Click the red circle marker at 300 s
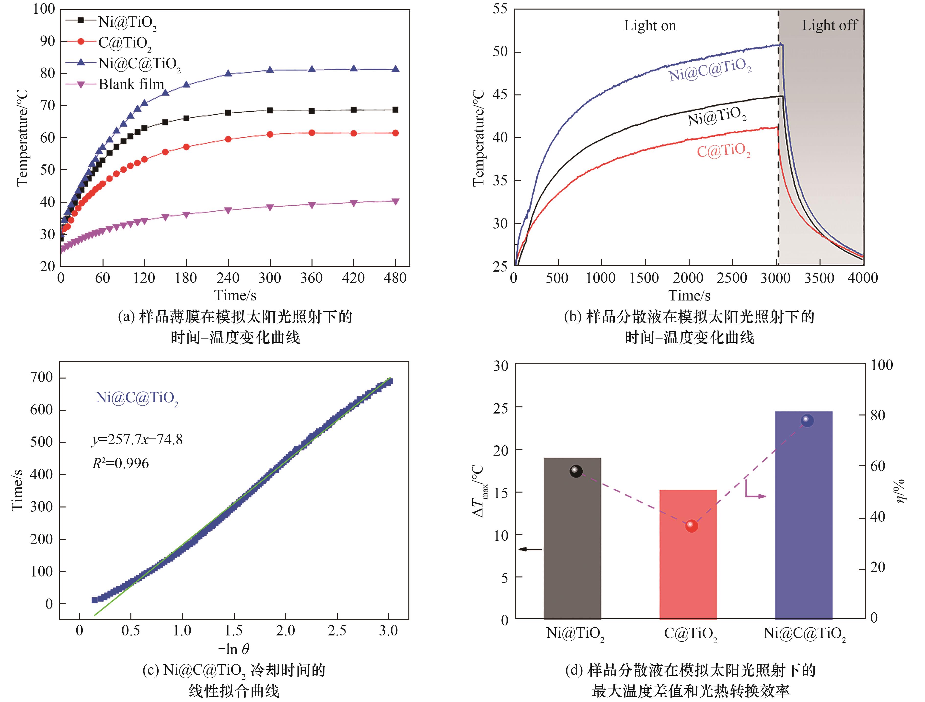click(270, 134)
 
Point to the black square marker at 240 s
click(228, 113)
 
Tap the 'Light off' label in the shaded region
click(829, 25)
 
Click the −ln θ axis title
click(234, 649)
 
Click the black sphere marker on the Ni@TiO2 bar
click(576, 471)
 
